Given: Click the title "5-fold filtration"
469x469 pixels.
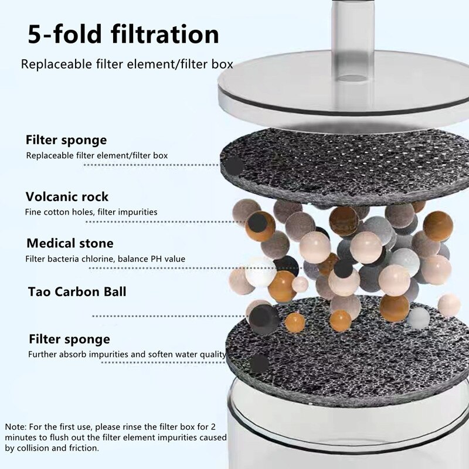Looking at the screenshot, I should click(x=123, y=34).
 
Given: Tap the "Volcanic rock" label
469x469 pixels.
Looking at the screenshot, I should click(x=67, y=196).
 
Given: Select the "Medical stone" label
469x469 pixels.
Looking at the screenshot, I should click(x=69, y=243).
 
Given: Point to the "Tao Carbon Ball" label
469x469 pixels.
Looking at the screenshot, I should click(x=76, y=292).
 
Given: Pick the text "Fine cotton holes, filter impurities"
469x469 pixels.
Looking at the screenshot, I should click(x=91, y=212).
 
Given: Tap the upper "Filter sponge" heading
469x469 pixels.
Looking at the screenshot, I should click(x=66, y=140).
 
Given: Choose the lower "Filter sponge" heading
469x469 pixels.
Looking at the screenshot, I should click(x=69, y=339).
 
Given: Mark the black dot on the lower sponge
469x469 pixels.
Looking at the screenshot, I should click(x=259, y=363).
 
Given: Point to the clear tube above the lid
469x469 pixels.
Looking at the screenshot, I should click(x=352, y=23).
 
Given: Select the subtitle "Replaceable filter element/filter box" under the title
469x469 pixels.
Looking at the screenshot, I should click(x=127, y=64).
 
